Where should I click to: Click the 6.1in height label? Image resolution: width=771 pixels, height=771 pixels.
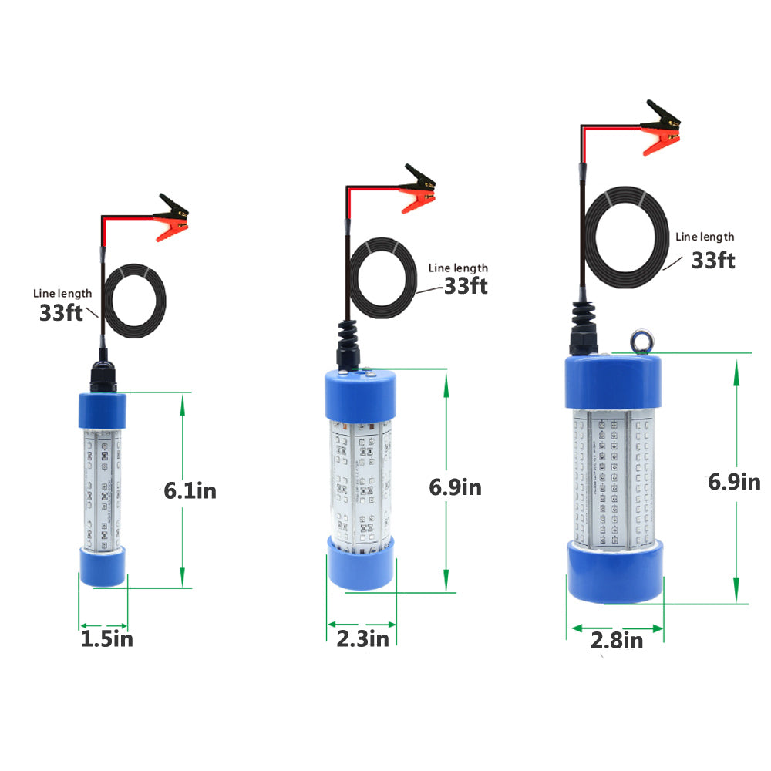(x=190, y=490)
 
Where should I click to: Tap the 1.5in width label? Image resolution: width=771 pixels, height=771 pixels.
(x=106, y=638)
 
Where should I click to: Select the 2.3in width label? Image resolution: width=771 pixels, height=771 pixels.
(x=363, y=638)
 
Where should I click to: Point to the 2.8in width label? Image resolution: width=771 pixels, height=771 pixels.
(x=617, y=640)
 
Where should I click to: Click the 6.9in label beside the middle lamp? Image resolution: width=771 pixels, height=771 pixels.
(x=456, y=487)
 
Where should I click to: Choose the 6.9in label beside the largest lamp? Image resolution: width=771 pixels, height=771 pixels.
(x=734, y=482)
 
